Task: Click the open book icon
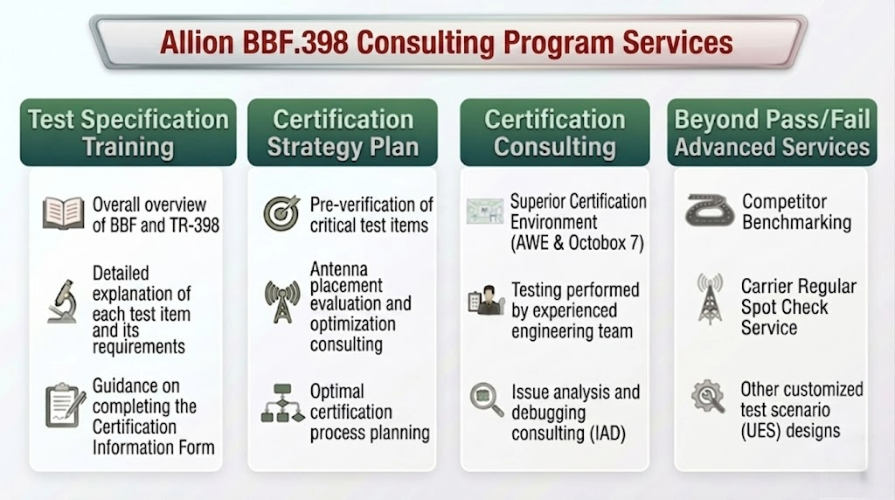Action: pos(63,213)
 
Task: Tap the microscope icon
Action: pos(63,302)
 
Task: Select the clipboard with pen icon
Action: pos(65,406)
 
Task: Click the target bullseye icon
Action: pos(281,213)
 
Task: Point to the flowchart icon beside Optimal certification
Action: pos(282,404)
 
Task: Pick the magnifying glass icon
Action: pos(486,399)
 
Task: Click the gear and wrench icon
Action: pos(708,396)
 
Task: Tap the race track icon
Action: pos(710,210)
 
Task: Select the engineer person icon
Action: pos(486,301)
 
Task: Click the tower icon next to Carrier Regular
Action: pos(710,299)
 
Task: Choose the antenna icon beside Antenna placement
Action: pos(282,302)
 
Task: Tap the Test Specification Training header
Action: pos(128,132)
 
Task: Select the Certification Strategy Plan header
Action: pos(343,132)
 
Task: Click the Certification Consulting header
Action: pos(555,132)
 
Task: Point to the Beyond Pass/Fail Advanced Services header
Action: pos(772,132)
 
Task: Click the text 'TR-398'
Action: pos(191,226)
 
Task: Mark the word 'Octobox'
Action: pos(598,243)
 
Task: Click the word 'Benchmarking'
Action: pos(796,222)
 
